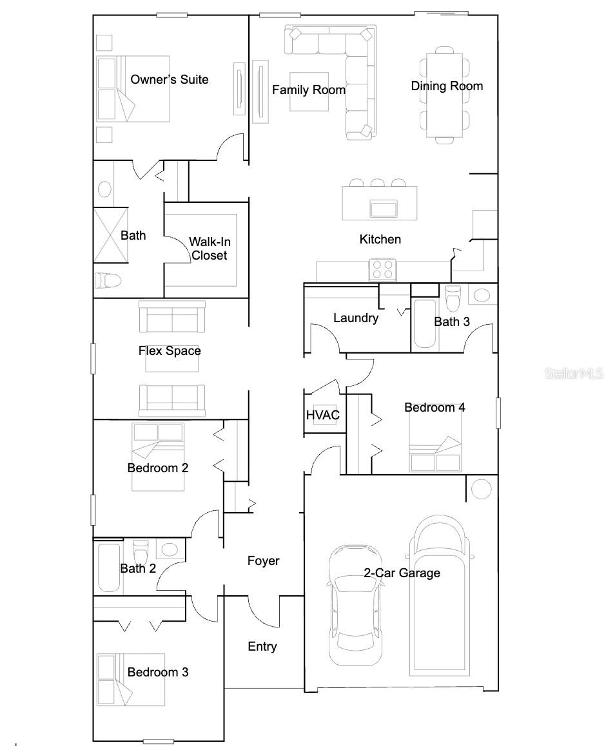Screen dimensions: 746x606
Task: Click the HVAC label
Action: [322, 416]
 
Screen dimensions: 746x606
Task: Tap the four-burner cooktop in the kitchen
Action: [383, 269]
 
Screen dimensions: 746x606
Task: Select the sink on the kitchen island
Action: [383, 208]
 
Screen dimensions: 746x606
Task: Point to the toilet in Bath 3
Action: [453, 297]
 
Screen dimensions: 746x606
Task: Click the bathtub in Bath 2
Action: [109, 567]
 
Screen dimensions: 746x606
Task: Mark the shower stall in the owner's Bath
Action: [110, 235]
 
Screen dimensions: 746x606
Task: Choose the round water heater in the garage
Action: [481, 489]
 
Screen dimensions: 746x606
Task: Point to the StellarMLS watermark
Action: [573, 374]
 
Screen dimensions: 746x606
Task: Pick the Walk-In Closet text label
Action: [209, 249]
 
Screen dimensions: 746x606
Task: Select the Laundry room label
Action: [355, 318]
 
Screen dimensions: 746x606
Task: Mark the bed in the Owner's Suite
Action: [132, 88]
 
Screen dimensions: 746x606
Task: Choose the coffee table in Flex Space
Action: [171, 361]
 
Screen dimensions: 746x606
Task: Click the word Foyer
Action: [264, 560]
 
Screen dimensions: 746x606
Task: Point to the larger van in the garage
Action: [439, 593]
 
